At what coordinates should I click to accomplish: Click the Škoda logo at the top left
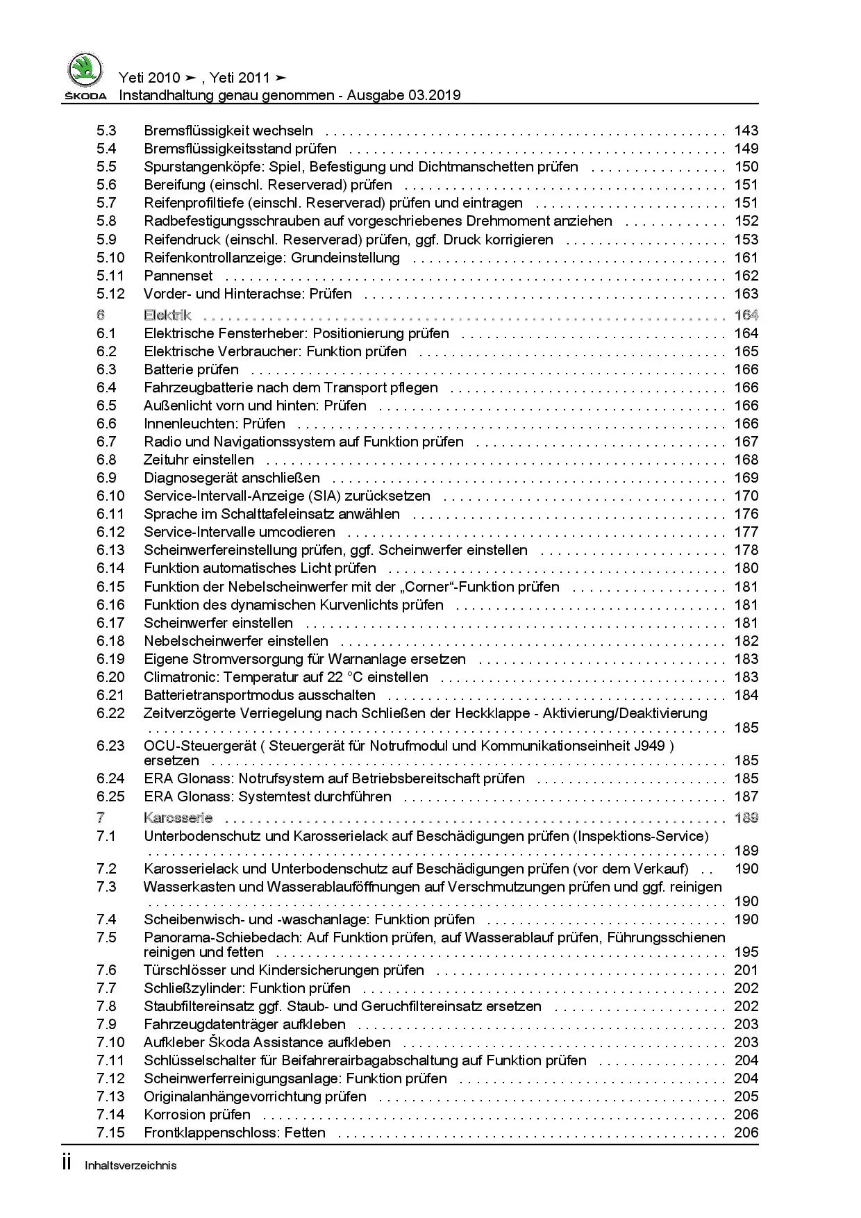coord(85,76)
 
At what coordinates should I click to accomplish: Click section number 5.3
coord(106,131)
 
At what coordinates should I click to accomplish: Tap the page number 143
coord(746,131)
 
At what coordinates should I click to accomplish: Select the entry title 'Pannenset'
coord(178,276)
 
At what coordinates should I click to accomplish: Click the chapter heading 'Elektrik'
coord(167,315)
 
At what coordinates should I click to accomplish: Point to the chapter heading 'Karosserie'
coord(178,818)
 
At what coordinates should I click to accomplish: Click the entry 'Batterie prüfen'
coord(191,369)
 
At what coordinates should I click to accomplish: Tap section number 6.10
coord(110,496)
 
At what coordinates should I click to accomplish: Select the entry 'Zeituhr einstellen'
coord(199,460)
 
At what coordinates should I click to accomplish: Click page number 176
coord(746,514)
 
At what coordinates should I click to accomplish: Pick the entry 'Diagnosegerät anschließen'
coord(232,478)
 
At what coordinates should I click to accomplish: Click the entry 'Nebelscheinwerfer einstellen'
coord(236,641)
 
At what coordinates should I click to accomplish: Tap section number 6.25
coord(110,796)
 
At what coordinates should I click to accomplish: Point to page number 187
coord(746,796)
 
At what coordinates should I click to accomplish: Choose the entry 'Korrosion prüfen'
coord(197,1115)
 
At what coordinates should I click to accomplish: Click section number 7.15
coord(110,1133)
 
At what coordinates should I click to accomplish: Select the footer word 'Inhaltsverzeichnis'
coord(131,1166)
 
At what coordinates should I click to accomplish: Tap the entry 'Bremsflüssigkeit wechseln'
coord(228,131)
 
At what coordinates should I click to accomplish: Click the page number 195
coord(746,952)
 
